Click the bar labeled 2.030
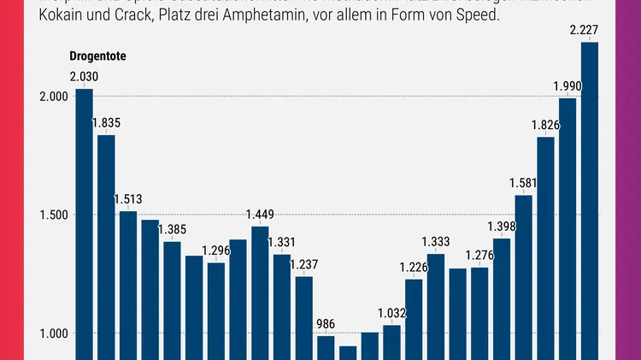pos(84,222)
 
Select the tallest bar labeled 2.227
pos(590,201)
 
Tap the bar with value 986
pos(326,347)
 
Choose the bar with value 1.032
pos(392,342)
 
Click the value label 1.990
pos(567,86)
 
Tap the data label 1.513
pos(128,198)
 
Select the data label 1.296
pos(216,251)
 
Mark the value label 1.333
pos(436,242)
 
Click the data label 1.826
pos(545,125)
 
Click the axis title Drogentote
pos(98,56)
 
